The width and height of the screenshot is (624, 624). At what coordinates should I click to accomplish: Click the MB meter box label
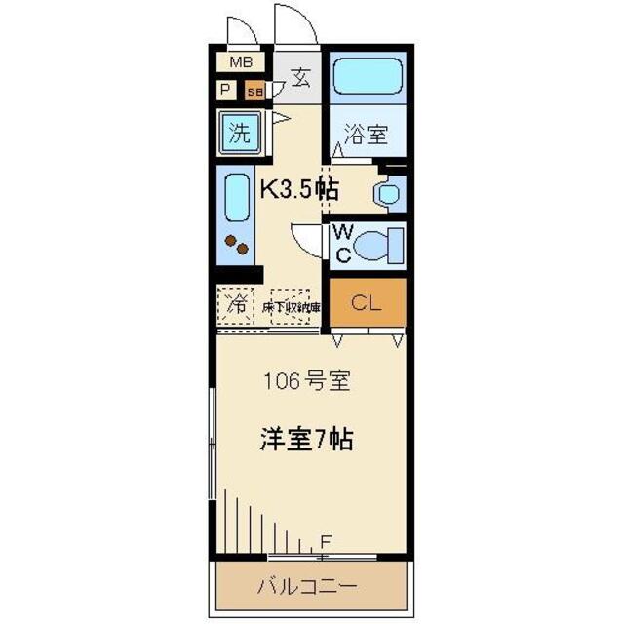click(x=241, y=62)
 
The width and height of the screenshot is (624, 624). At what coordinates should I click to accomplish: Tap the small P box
click(x=226, y=91)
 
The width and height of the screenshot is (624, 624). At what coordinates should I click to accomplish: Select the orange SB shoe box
click(x=254, y=92)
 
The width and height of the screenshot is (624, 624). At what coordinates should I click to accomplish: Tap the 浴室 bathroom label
click(x=366, y=136)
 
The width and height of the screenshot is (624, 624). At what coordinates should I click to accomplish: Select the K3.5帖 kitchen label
click(x=297, y=188)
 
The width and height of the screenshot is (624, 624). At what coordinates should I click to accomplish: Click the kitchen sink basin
click(x=236, y=199)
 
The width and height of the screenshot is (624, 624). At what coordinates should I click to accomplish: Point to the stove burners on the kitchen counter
click(x=234, y=245)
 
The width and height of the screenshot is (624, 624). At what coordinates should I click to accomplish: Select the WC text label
click(x=341, y=244)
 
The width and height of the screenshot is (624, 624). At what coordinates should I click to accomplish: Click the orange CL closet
click(x=366, y=303)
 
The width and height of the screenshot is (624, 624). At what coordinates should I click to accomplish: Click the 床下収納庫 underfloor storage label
click(x=291, y=304)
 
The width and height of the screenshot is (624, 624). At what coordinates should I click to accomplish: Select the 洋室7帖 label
click(x=305, y=439)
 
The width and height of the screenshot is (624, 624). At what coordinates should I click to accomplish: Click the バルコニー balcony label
click(x=307, y=587)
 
